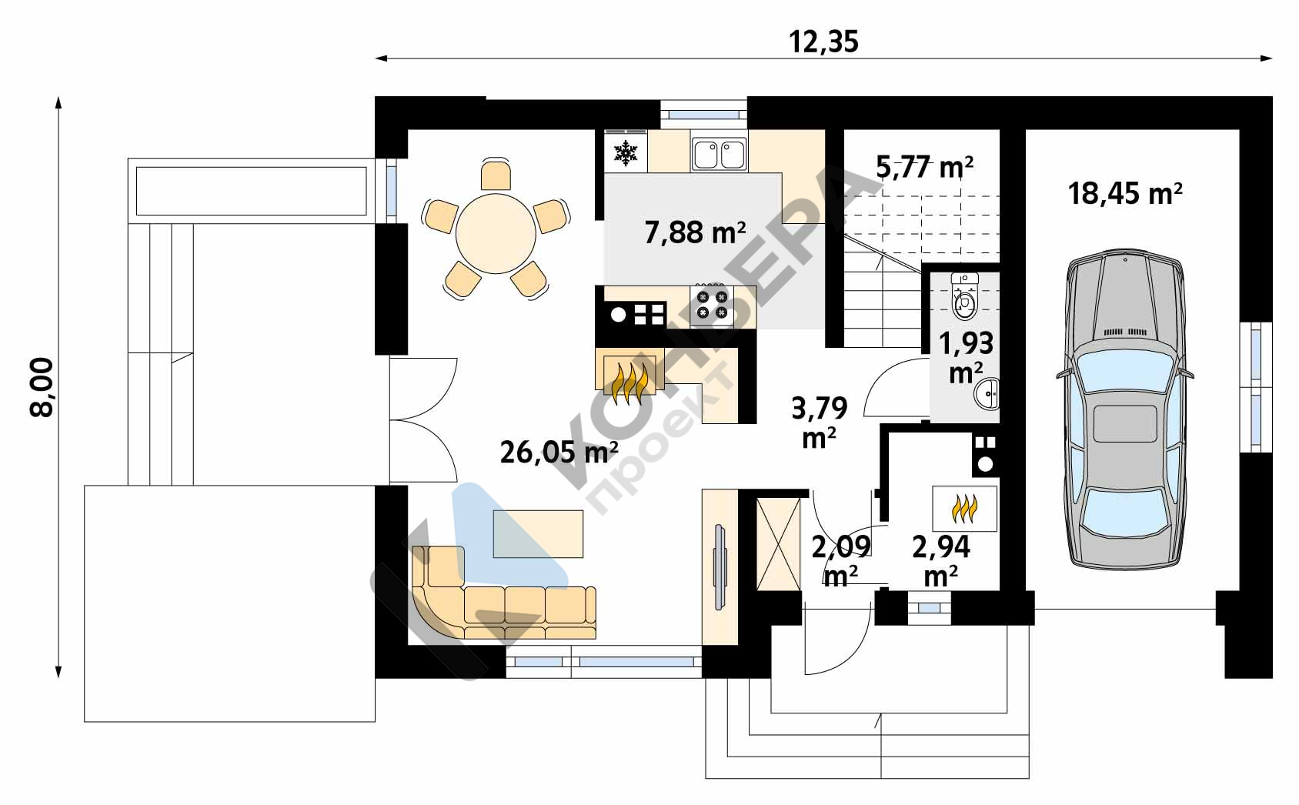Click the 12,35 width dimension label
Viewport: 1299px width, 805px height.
pyautogui.click(x=823, y=42)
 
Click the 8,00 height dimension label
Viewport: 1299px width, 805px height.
pyautogui.click(x=42, y=387)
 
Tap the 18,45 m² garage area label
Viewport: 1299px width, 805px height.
pyautogui.click(x=1125, y=194)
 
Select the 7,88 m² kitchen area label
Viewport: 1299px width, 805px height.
pyautogui.click(x=696, y=232)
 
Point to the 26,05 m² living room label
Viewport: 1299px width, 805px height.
pyautogui.click(x=559, y=453)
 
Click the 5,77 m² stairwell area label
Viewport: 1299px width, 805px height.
pyautogui.click(x=924, y=167)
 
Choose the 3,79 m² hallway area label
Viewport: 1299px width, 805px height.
pyautogui.click(x=820, y=423)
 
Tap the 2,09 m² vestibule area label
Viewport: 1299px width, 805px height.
pyautogui.click(x=841, y=561)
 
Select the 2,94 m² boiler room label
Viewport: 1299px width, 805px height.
pyautogui.click(x=940, y=561)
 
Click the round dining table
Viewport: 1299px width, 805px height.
pyautogui.click(x=496, y=234)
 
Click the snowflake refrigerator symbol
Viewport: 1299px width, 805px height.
pyautogui.click(x=626, y=152)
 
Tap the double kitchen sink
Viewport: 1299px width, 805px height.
pyautogui.click(x=719, y=155)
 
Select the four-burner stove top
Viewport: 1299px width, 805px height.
pyautogui.click(x=712, y=305)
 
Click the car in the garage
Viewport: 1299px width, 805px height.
pyautogui.click(x=1124, y=409)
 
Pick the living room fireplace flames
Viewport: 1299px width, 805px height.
pyautogui.click(x=629, y=383)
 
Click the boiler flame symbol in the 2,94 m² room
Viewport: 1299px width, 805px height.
pyautogui.click(x=964, y=509)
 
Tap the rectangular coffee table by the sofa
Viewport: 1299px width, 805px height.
pyautogui.click(x=538, y=534)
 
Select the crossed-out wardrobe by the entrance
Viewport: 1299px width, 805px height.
pyautogui.click(x=778, y=545)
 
